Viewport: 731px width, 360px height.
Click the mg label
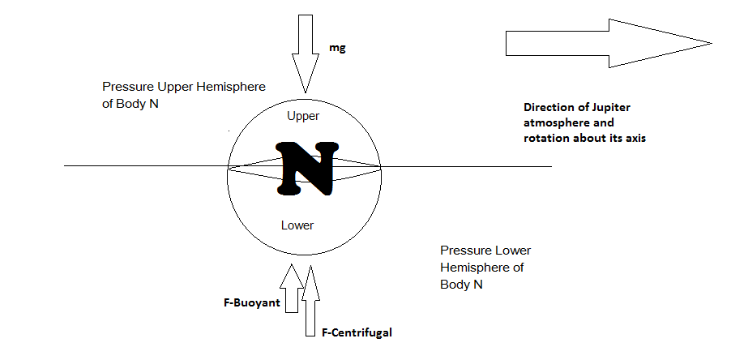coord(337,49)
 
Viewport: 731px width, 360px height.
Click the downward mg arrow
coord(306,54)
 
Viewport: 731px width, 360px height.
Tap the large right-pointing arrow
coord(609,43)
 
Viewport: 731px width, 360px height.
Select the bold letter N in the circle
coord(307,168)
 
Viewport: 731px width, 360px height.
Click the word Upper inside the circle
coord(303,116)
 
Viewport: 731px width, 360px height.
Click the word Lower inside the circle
coord(297,225)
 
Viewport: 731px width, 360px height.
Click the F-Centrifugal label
coord(357,332)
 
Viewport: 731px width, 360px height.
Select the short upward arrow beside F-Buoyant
coord(292,288)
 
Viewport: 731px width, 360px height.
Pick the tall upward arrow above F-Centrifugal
coord(310,300)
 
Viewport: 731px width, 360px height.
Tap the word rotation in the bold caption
coord(544,139)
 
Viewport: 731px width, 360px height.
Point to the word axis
coord(635,139)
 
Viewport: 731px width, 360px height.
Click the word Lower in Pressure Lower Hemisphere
coord(513,251)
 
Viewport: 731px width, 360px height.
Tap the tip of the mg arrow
coord(306,92)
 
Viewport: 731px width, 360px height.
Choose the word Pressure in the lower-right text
coord(466,251)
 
